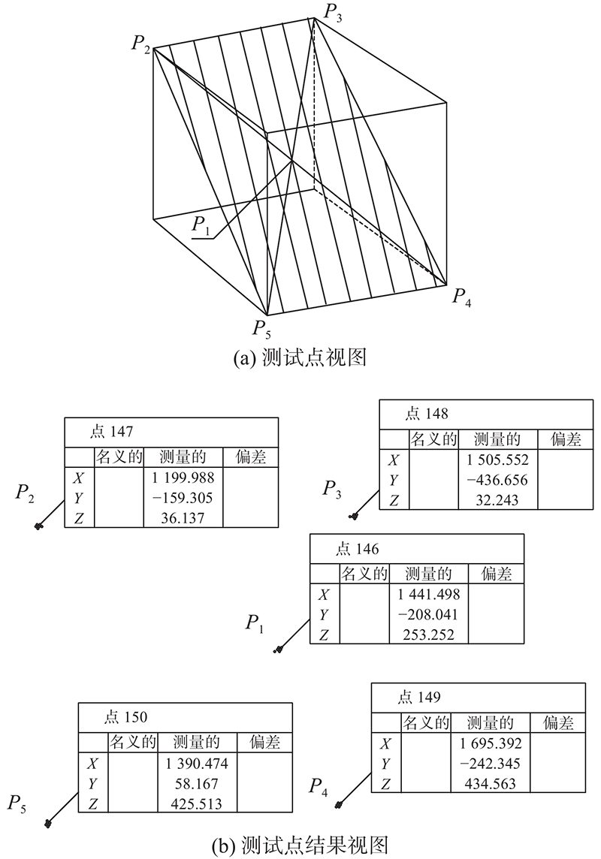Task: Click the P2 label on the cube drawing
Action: (x=140, y=44)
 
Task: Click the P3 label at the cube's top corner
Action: (x=334, y=11)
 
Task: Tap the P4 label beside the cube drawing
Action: (x=461, y=297)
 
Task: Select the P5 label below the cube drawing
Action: (x=261, y=329)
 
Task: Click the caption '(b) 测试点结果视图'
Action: (x=300, y=845)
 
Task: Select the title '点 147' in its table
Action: (x=111, y=432)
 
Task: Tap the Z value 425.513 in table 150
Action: (x=197, y=803)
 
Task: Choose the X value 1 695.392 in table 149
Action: (x=491, y=743)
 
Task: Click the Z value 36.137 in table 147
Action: (x=183, y=517)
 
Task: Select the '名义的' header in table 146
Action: (x=364, y=574)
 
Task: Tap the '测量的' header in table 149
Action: (x=491, y=722)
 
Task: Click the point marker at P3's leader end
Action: (x=354, y=516)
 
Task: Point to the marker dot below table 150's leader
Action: (x=49, y=823)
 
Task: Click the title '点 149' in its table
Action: (x=419, y=697)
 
